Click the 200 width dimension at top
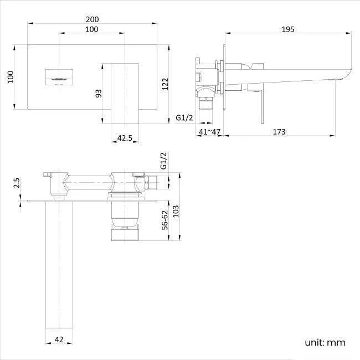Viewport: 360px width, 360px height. pyautogui.click(x=92, y=18)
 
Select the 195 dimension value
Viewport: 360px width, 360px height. pyautogui.click(x=287, y=29)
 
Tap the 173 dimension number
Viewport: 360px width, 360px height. pyautogui.click(x=280, y=131)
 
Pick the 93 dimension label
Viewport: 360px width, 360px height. pyautogui.click(x=99, y=93)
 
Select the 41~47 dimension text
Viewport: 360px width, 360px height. pyautogui.click(x=209, y=131)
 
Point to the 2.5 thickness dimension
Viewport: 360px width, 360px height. pyautogui.click(x=17, y=182)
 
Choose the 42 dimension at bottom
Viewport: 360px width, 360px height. pyautogui.click(x=59, y=340)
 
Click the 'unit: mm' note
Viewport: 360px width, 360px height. pyautogui.click(x=325, y=342)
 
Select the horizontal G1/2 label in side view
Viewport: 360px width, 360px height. pyautogui.click(x=184, y=117)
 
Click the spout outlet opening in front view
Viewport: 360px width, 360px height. pyautogui.click(x=58, y=78)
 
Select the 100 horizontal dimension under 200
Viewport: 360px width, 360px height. pyautogui.click(x=92, y=29)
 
